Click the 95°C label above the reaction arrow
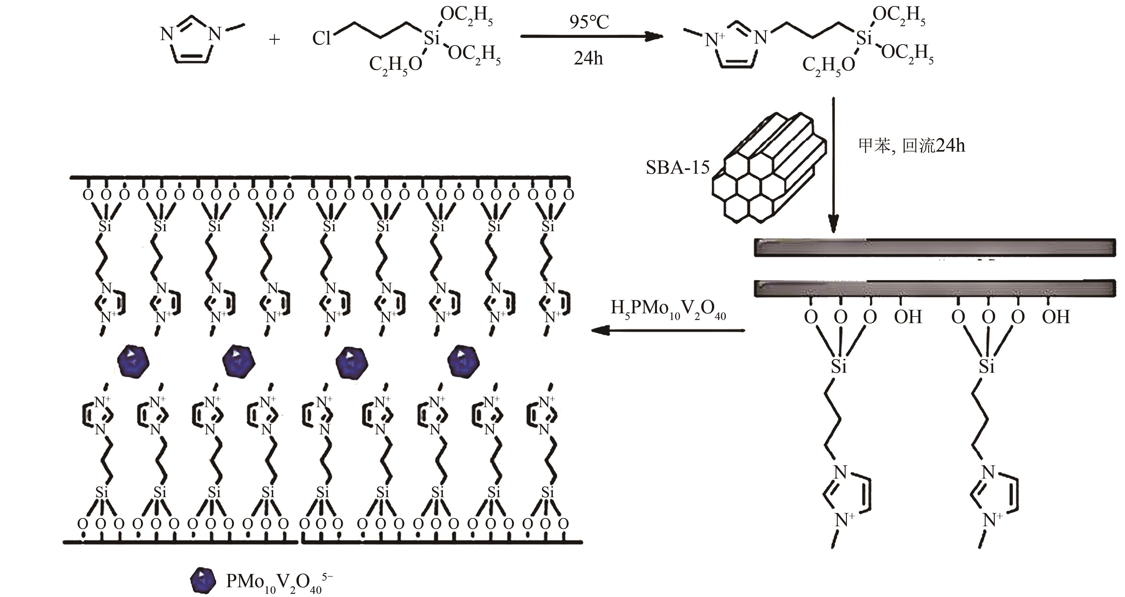point(589,22)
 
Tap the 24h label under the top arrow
point(588,58)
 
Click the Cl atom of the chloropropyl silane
point(321,39)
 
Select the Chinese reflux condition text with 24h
point(911,145)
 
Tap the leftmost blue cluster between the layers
point(133,362)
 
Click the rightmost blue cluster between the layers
point(463,361)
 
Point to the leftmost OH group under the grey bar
point(908,317)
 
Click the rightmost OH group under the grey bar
point(1055,317)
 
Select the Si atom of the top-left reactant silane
point(431,39)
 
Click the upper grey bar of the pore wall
point(934,247)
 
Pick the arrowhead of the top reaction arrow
point(655,37)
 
